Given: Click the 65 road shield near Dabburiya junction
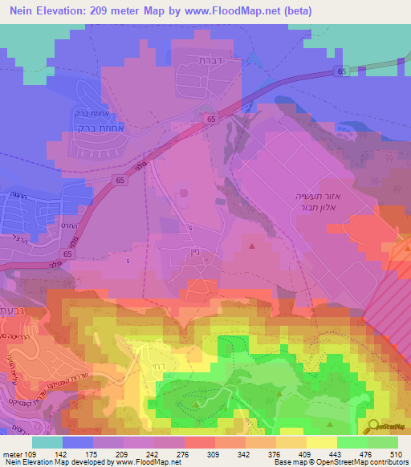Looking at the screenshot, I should point(211,119).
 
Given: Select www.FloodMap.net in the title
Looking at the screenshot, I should point(241,10).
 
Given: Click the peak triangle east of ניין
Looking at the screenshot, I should point(254,246).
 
